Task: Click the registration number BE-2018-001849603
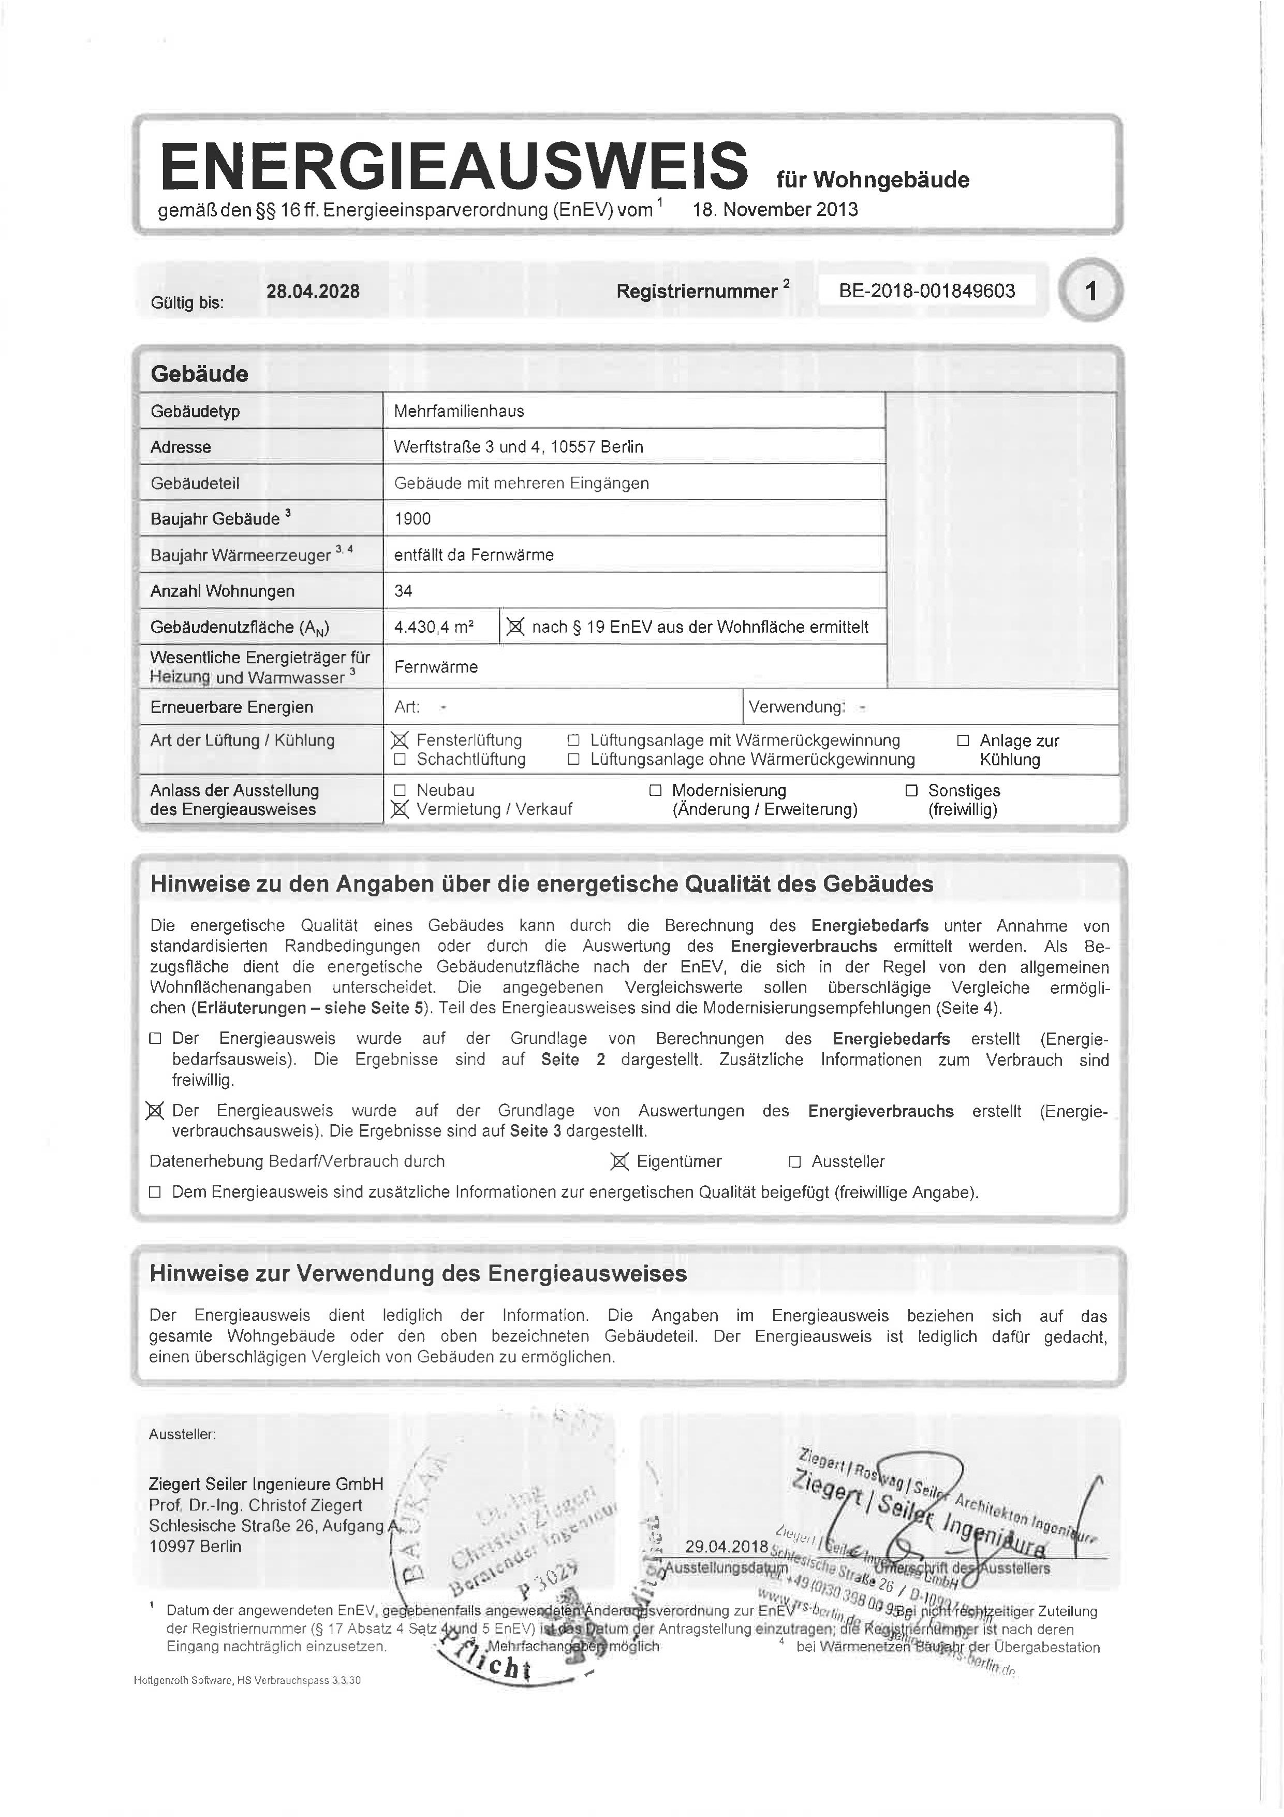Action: tap(926, 290)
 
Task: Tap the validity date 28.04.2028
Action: tap(313, 291)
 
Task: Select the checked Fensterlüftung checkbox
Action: tap(400, 740)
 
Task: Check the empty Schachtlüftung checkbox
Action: tap(400, 760)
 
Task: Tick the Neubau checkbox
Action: tap(400, 790)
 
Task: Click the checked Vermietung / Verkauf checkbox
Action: tap(400, 809)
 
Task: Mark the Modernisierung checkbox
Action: tap(655, 790)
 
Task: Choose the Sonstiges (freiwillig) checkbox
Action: tap(911, 790)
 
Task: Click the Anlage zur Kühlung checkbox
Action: tap(963, 740)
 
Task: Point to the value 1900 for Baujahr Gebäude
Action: tap(412, 519)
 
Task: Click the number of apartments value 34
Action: tap(404, 591)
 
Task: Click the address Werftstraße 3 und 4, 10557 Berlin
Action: tap(518, 447)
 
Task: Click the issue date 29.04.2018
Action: tap(726, 1546)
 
